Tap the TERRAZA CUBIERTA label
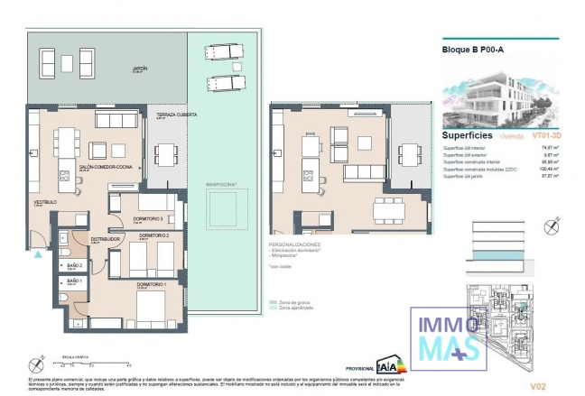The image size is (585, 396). pyautogui.click(x=176, y=115)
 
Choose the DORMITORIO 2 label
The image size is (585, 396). pyautogui.click(x=154, y=235)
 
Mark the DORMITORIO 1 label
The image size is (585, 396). pyautogui.click(x=152, y=285)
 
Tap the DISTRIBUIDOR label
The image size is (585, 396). pyautogui.click(x=106, y=239)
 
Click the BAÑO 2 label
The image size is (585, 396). pyautogui.click(x=75, y=266)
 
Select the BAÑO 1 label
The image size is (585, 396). pyautogui.click(x=75, y=282)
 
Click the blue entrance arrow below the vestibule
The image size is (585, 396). pyautogui.click(x=37, y=254)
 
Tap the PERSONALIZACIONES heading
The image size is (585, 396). pyautogui.click(x=296, y=244)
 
